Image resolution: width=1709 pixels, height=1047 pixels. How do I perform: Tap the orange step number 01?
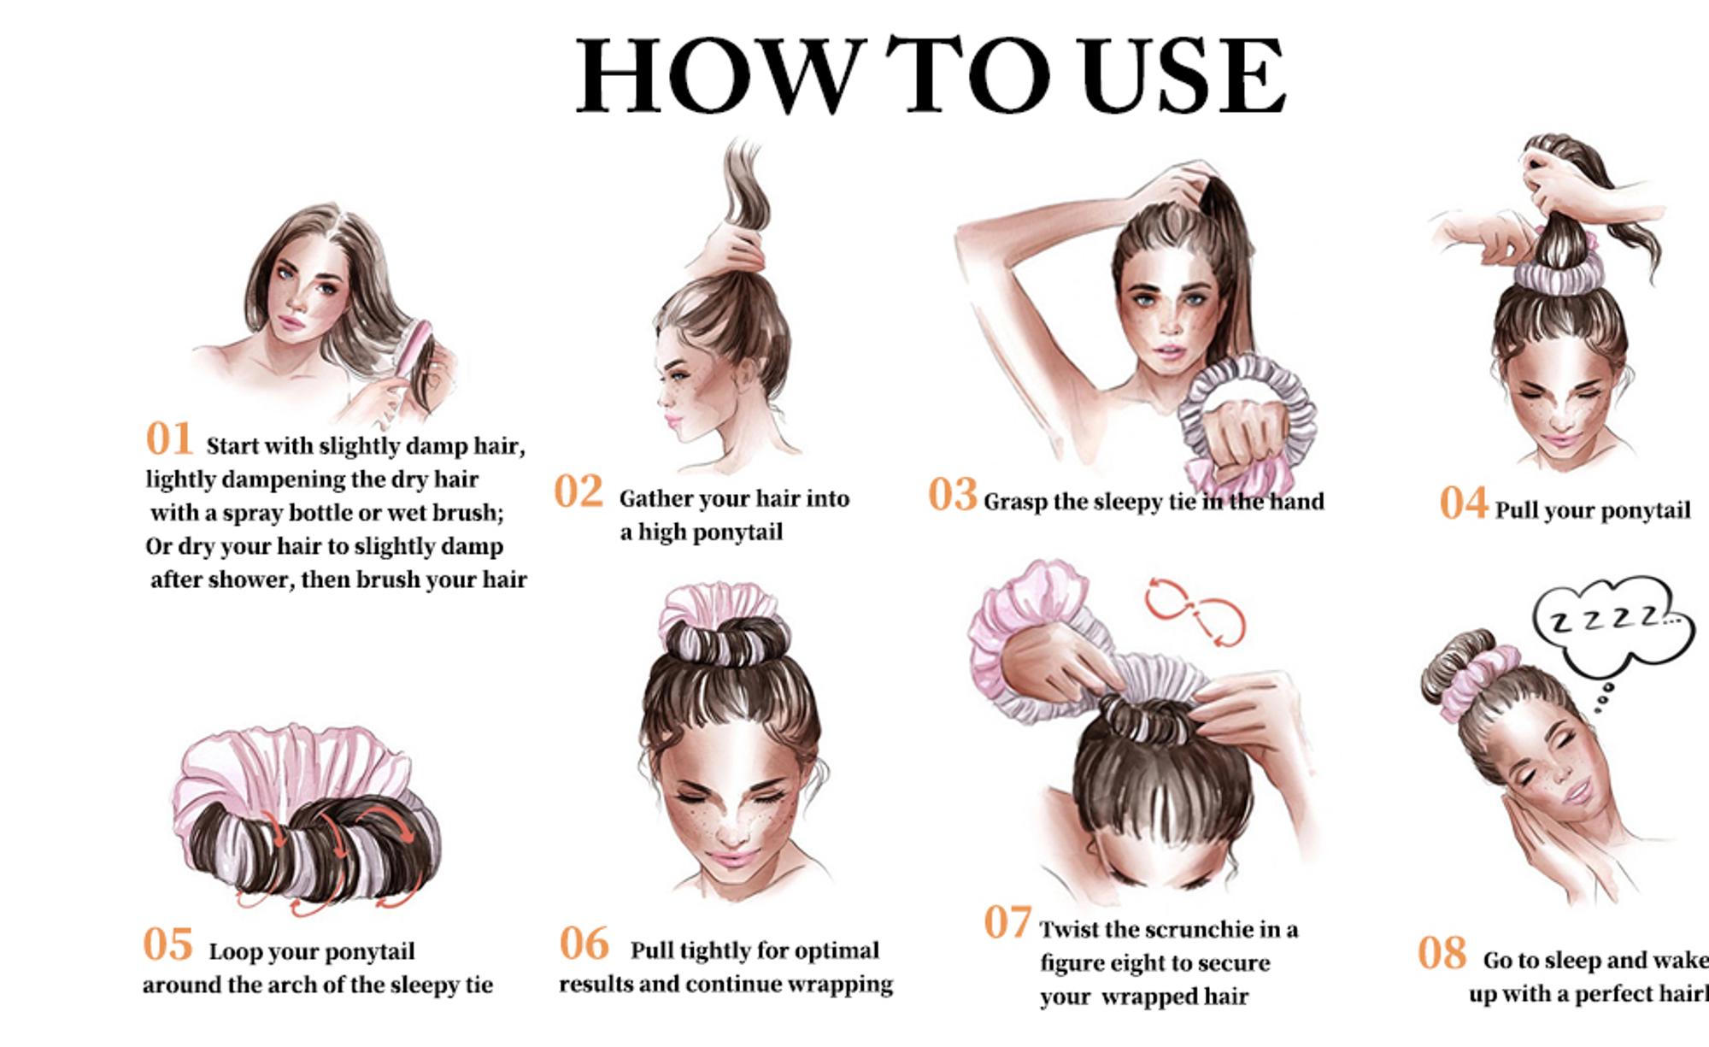coord(169,439)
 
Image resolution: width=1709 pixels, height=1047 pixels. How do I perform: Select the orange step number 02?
coord(578,491)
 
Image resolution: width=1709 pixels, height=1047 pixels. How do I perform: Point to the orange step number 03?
coord(952,495)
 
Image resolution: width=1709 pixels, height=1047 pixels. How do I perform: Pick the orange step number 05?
coord(167,944)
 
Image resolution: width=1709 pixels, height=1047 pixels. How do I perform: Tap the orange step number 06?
coord(584,944)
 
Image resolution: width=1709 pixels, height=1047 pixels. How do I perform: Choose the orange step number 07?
coord(1007,922)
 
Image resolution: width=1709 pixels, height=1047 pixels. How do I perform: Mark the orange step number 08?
coord(1442,953)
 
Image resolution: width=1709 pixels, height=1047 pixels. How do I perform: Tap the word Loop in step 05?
coord(235,952)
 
